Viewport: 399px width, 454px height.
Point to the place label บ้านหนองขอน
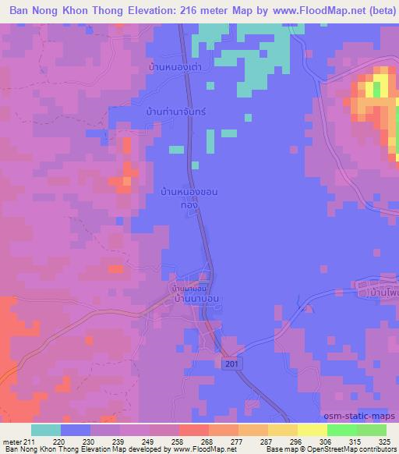(188, 190)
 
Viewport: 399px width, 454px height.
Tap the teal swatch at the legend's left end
(46, 430)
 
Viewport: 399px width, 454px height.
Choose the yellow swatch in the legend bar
(312, 430)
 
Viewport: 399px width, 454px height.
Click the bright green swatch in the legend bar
(341, 430)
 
